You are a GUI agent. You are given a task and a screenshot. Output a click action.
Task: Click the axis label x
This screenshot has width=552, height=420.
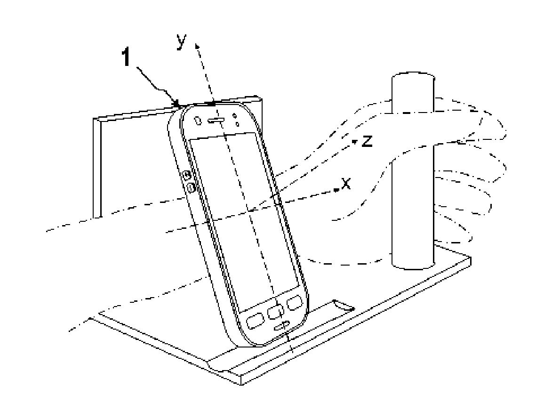click(x=346, y=184)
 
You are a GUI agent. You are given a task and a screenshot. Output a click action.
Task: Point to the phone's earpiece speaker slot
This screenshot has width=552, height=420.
click(x=218, y=121)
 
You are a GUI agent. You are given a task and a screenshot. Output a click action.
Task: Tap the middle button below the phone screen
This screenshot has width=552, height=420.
click(x=274, y=312)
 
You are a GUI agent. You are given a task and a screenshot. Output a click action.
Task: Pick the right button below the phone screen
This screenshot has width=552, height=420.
click(x=295, y=302)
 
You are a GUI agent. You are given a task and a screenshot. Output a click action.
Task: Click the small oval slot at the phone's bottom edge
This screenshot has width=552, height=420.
click(x=282, y=327)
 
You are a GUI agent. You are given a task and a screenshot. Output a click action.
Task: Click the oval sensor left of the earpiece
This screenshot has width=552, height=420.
click(x=198, y=121)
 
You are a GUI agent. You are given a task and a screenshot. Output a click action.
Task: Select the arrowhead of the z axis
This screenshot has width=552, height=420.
click(x=358, y=139)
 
